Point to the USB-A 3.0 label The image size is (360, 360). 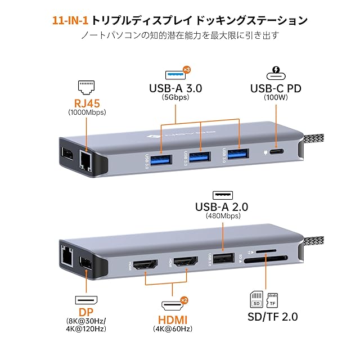[x=175, y=88]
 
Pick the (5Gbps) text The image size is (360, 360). [x=175, y=97]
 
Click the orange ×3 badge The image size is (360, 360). [x=188, y=70]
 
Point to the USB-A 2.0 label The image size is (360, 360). [x=223, y=206]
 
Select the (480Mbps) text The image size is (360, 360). [x=223, y=215]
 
